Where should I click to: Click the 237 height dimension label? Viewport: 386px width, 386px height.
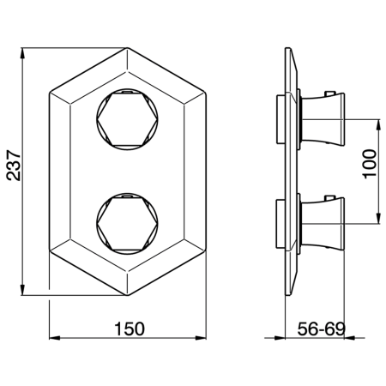14,166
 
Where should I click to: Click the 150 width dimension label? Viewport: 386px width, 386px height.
130,329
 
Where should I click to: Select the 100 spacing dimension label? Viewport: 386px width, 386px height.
370,164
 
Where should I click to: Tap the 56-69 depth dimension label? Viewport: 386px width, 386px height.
322,329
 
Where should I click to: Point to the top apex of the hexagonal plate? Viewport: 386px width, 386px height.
127,48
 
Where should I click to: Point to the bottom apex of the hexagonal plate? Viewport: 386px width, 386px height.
127,295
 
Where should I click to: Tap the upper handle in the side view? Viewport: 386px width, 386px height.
323,118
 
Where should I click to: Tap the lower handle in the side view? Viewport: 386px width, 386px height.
323,222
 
